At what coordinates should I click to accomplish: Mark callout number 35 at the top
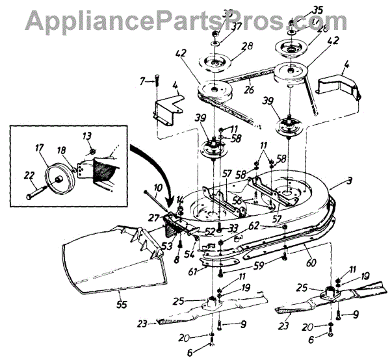point(300,10)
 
